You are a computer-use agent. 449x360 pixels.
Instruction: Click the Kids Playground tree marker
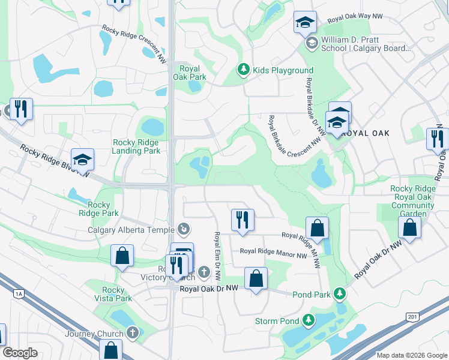(243, 70)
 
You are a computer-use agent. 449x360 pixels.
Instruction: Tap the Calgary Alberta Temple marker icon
(184, 229)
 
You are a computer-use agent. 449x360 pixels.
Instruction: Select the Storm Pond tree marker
(309, 321)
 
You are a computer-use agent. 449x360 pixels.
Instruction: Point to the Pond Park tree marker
(340, 294)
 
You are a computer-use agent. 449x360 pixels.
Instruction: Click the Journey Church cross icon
(133, 333)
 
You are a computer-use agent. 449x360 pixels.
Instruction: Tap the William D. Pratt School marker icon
(312, 43)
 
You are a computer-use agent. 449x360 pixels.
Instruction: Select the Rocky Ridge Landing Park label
(136, 146)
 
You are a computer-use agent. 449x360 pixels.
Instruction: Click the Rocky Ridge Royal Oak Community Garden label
(412, 201)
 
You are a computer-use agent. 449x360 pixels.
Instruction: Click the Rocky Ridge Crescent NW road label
(134, 43)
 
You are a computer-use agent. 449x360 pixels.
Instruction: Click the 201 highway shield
(411, 316)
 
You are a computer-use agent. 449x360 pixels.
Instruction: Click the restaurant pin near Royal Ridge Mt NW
(243, 219)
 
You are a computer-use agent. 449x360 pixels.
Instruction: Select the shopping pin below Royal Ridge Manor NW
(256, 279)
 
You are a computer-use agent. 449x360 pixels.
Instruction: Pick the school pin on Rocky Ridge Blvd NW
(82, 160)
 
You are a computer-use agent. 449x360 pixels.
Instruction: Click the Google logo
(20, 353)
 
